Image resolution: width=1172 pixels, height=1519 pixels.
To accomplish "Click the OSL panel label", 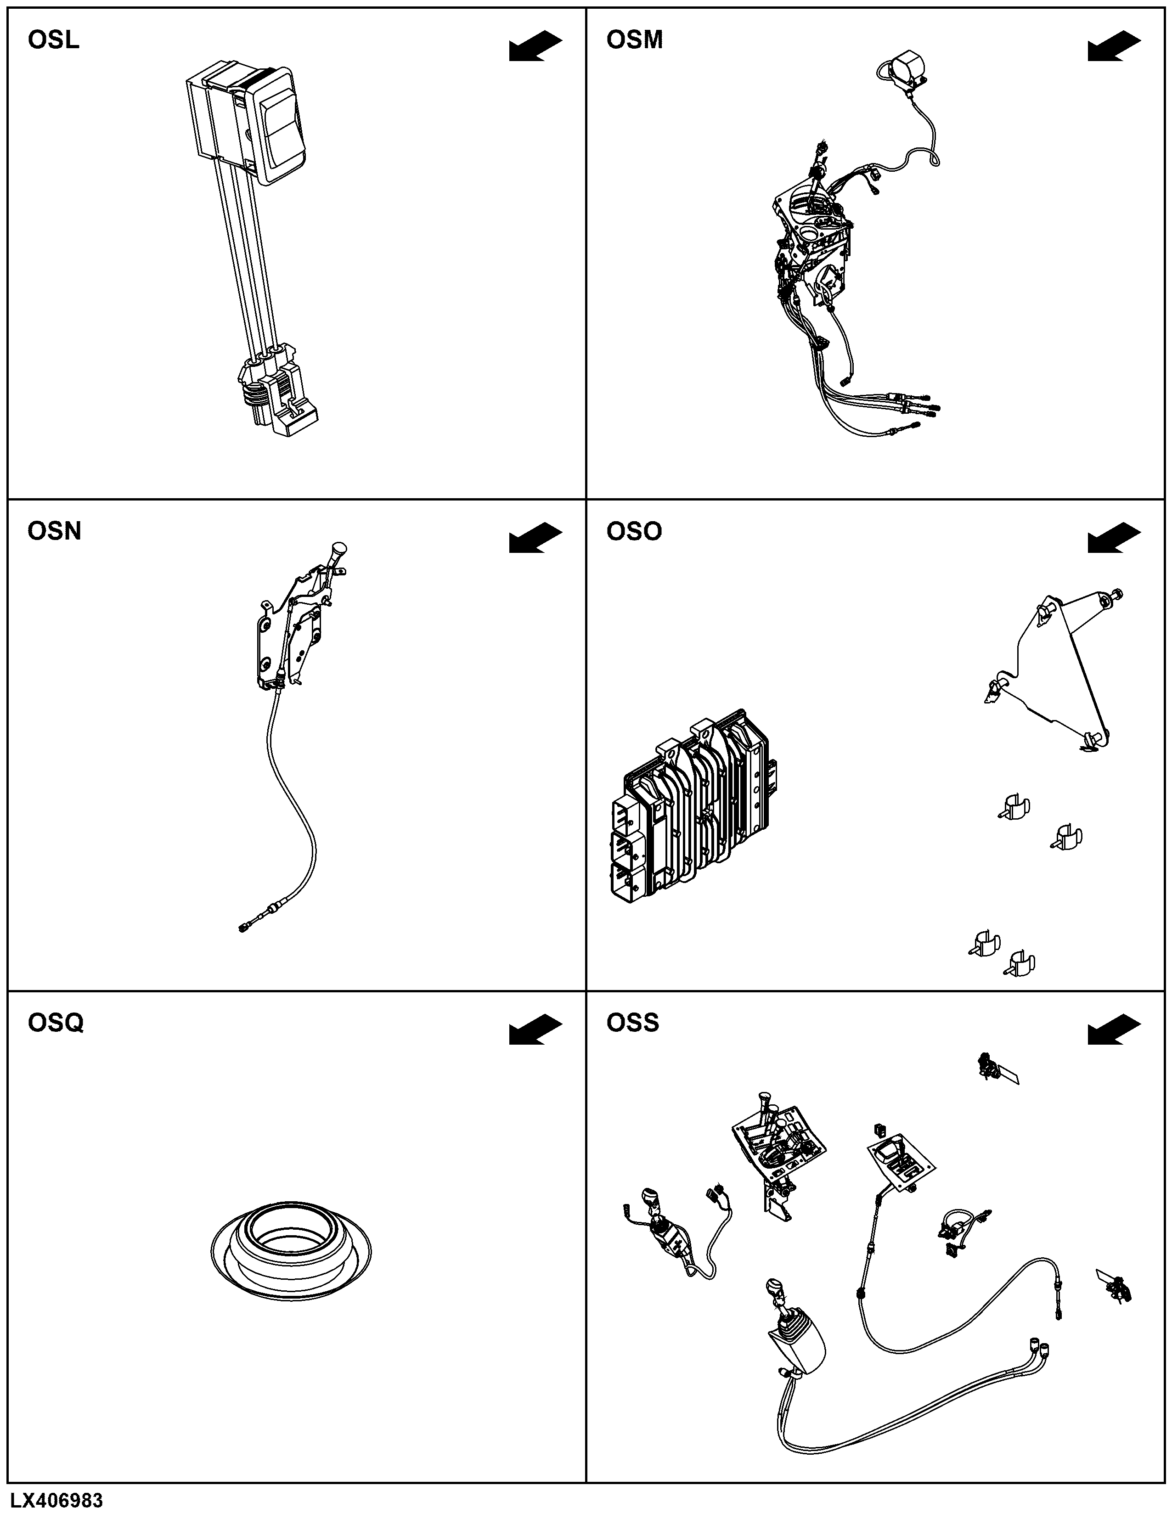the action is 54,40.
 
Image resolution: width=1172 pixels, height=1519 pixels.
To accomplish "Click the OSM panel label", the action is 634,40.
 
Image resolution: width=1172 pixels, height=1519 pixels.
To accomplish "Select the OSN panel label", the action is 54,531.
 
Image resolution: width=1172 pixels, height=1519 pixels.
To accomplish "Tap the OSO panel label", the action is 634,531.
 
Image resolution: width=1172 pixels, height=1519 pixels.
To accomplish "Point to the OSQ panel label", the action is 56,1023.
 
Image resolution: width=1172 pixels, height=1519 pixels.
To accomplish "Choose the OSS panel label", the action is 632,1023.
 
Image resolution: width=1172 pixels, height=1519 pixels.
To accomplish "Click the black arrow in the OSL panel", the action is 535,46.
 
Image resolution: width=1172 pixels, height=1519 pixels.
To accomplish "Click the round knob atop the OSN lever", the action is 339,550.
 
